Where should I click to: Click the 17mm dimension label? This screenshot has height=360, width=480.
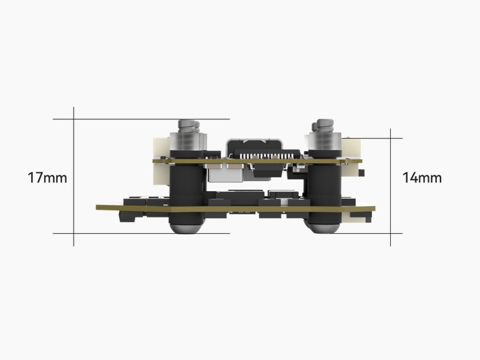click(x=47, y=178)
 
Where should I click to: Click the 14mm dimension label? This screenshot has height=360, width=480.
click(x=422, y=178)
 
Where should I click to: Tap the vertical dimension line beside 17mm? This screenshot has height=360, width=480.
click(x=74, y=177)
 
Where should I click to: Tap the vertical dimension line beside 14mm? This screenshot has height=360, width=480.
click(x=390, y=187)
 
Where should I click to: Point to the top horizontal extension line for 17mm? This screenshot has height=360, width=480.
click(x=141, y=119)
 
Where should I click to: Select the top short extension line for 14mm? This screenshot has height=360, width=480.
click(x=371, y=138)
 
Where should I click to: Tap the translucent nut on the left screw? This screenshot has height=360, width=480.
click(x=188, y=142)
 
